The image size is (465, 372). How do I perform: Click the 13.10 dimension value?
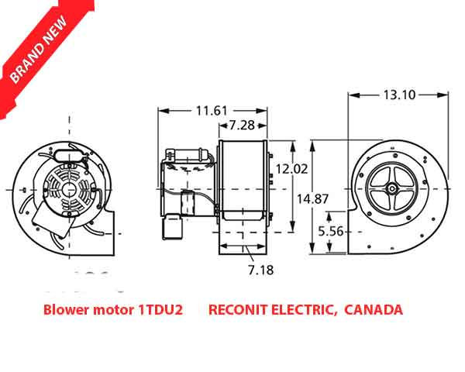tap(400, 95)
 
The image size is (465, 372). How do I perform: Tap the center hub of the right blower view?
tap(393, 188)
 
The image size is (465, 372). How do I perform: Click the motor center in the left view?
tap(68, 188)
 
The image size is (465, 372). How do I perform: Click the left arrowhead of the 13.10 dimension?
tap(353, 95)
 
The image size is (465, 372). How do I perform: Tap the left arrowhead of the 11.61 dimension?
tap(161, 112)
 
